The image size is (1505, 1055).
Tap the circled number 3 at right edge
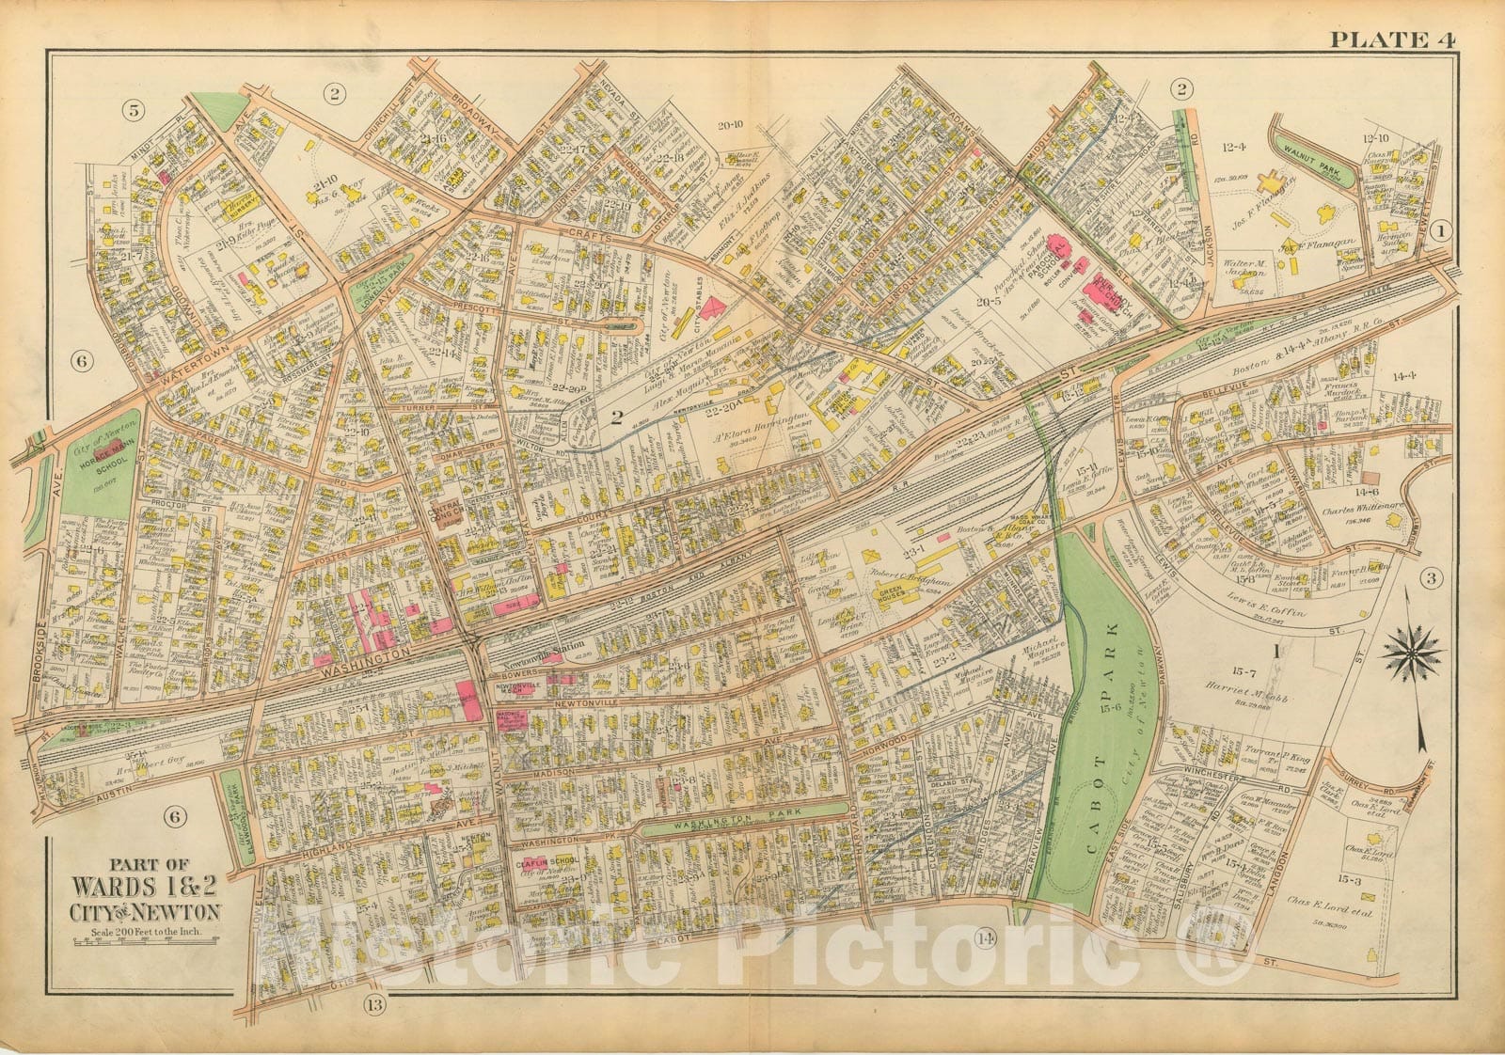coord(1432,577)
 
